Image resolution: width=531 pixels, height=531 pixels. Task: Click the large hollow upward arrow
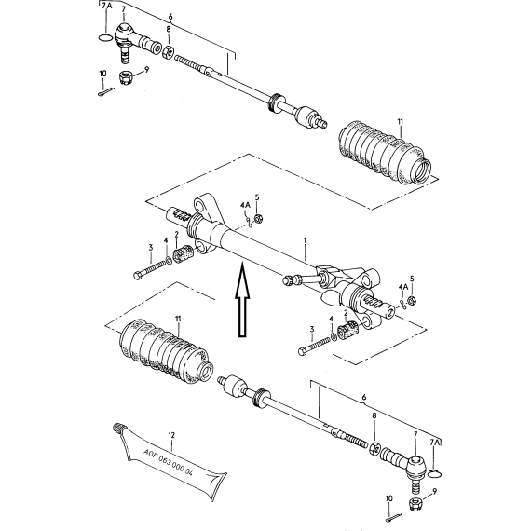pos(242,300)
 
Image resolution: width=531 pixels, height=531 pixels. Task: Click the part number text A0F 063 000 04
pos(169,462)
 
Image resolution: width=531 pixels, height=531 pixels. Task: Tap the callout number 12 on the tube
pos(171,435)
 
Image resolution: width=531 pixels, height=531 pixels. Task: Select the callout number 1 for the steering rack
pos(305,240)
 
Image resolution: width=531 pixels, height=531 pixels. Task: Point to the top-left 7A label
pos(107,6)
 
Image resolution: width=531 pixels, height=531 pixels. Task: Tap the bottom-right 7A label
pos(435,442)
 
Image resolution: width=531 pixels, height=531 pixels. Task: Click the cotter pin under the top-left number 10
pos(106,92)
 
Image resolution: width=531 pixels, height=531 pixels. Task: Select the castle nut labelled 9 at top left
pos(126,77)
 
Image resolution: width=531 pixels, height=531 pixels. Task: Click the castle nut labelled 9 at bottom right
pos(415,505)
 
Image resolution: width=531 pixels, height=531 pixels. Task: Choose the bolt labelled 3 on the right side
pos(314,346)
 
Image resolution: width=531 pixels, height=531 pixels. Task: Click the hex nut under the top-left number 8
pos(169,52)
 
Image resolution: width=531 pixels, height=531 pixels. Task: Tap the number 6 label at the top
pos(170,16)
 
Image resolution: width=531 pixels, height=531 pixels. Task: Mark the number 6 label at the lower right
pos(364,397)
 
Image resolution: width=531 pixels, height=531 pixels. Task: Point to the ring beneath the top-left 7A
pos(105,37)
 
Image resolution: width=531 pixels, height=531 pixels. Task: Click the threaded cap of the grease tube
pos(117,427)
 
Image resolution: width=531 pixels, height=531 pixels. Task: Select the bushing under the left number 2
pos(183,253)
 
